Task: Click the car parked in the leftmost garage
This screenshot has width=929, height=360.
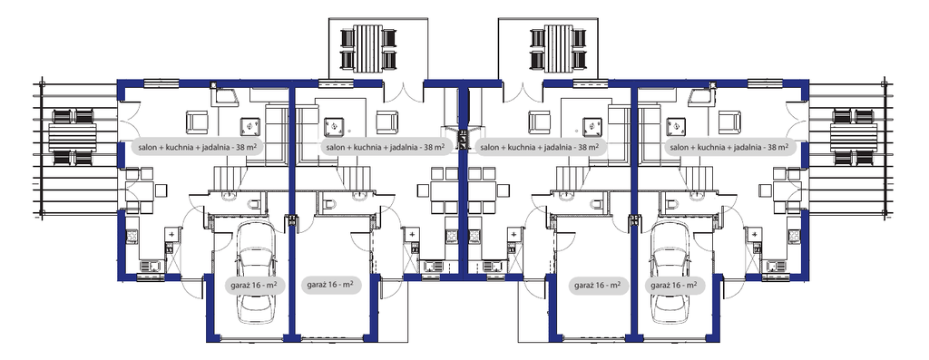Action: (x=256, y=276)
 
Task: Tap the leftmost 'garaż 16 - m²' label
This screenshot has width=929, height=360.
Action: (x=255, y=285)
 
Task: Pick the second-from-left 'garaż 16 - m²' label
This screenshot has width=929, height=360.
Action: (x=330, y=285)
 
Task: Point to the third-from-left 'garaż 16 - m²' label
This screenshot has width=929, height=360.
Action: (x=598, y=285)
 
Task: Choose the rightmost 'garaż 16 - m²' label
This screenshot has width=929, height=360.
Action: (x=674, y=285)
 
